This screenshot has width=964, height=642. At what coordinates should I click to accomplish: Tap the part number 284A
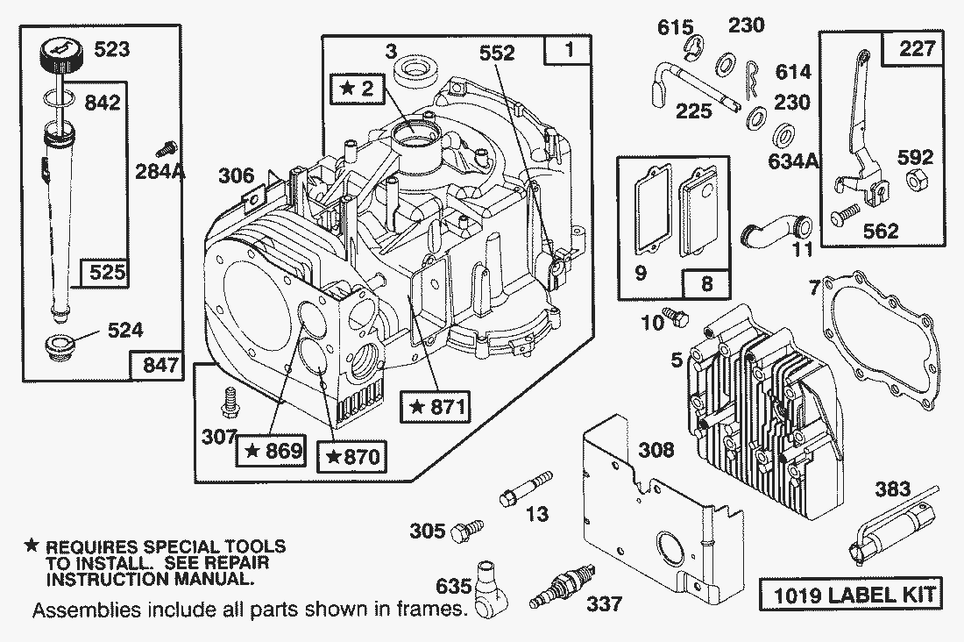pyautogui.click(x=161, y=172)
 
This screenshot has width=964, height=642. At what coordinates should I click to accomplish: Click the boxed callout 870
pyautogui.click(x=355, y=456)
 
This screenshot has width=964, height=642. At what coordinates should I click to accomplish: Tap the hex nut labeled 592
pyautogui.click(x=911, y=182)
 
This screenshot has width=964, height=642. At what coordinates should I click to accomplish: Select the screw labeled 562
pyautogui.click(x=849, y=211)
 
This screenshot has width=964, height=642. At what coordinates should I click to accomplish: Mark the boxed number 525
pyautogui.click(x=104, y=274)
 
